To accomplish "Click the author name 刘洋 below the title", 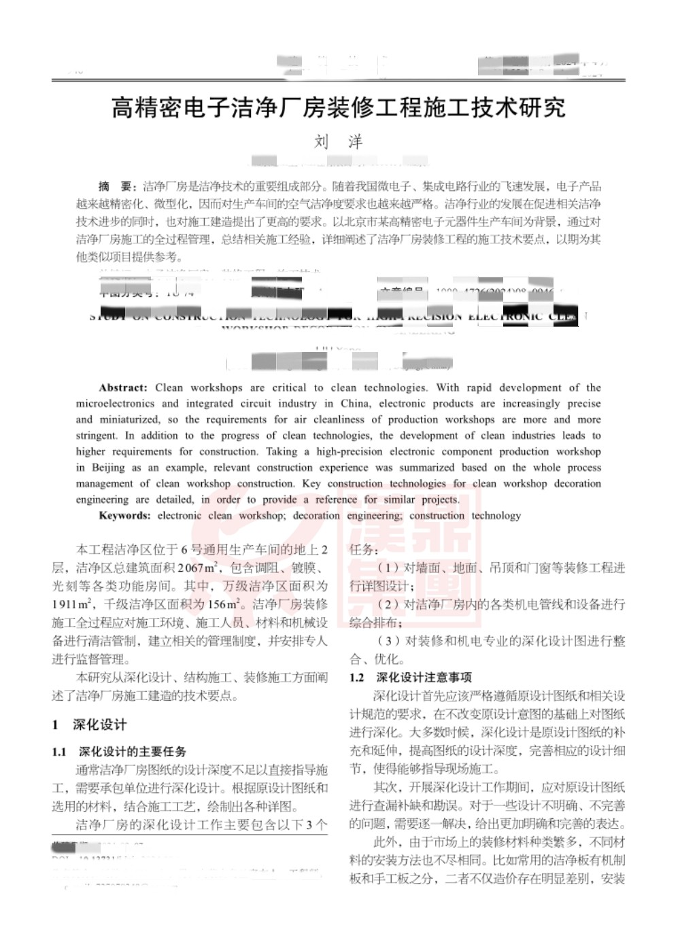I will click(x=338, y=142).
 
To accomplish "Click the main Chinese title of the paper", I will click(x=338, y=107).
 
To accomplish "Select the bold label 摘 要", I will click(x=117, y=187).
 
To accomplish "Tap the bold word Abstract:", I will click(x=122, y=388).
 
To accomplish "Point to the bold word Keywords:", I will click(x=124, y=516).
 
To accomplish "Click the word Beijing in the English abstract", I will click(x=108, y=468).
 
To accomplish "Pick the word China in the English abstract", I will click(x=355, y=404).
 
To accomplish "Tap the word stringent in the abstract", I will click(x=96, y=436).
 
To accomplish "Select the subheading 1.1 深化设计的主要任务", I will click(x=119, y=752).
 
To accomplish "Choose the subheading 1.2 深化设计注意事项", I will click(x=410, y=678).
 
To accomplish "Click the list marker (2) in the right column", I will click(x=388, y=604).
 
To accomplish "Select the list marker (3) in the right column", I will click(x=388, y=641).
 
